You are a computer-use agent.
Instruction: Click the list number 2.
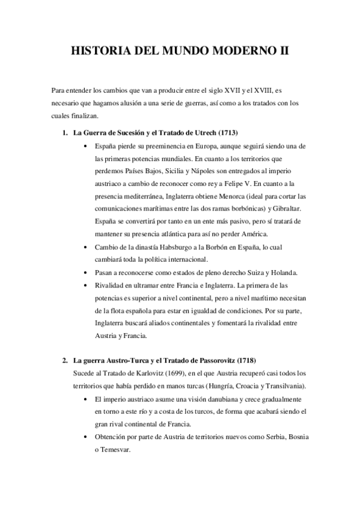point(65,361)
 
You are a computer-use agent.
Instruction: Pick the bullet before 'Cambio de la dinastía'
point(89,247)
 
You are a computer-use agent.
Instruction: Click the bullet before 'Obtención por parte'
point(89,437)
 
